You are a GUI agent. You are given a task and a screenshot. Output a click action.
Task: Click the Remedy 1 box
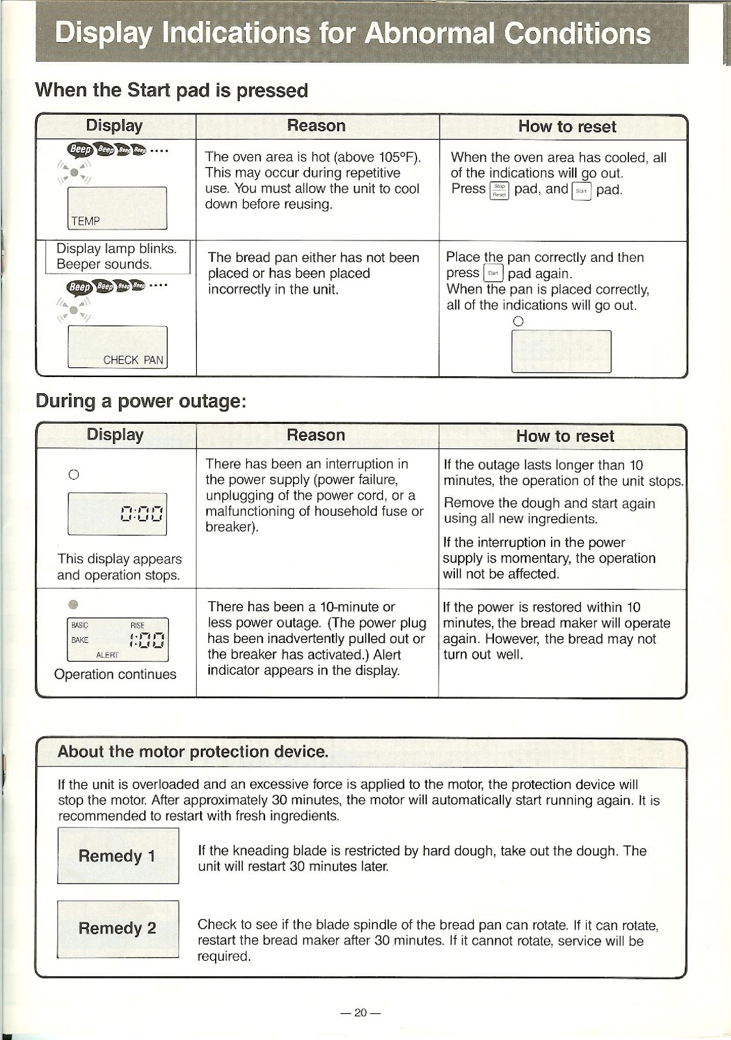tap(118, 855)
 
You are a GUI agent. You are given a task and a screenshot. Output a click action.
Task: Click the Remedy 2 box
tap(118, 928)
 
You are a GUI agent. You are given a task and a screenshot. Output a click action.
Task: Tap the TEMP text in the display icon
tap(86, 221)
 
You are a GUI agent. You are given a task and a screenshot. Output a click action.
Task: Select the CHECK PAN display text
tap(134, 360)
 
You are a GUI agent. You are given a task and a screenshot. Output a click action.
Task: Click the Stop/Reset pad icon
tap(499, 190)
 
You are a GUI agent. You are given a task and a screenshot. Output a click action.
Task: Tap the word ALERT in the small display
tap(107, 655)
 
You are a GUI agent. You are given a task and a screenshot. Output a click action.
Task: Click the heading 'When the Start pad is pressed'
tap(172, 90)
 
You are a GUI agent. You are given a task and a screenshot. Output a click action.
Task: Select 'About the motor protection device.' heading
tap(192, 752)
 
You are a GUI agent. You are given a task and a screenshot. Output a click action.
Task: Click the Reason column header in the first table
tap(316, 125)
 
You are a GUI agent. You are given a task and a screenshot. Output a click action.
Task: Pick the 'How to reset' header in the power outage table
tap(564, 435)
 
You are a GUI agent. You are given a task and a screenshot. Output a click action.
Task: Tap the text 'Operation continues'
tap(115, 674)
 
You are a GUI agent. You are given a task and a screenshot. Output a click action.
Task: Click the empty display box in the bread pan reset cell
tap(561, 351)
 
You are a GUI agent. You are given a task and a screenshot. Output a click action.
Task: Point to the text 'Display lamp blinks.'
tap(116, 248)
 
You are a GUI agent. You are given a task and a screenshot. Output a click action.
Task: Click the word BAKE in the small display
tap(79, 640)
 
